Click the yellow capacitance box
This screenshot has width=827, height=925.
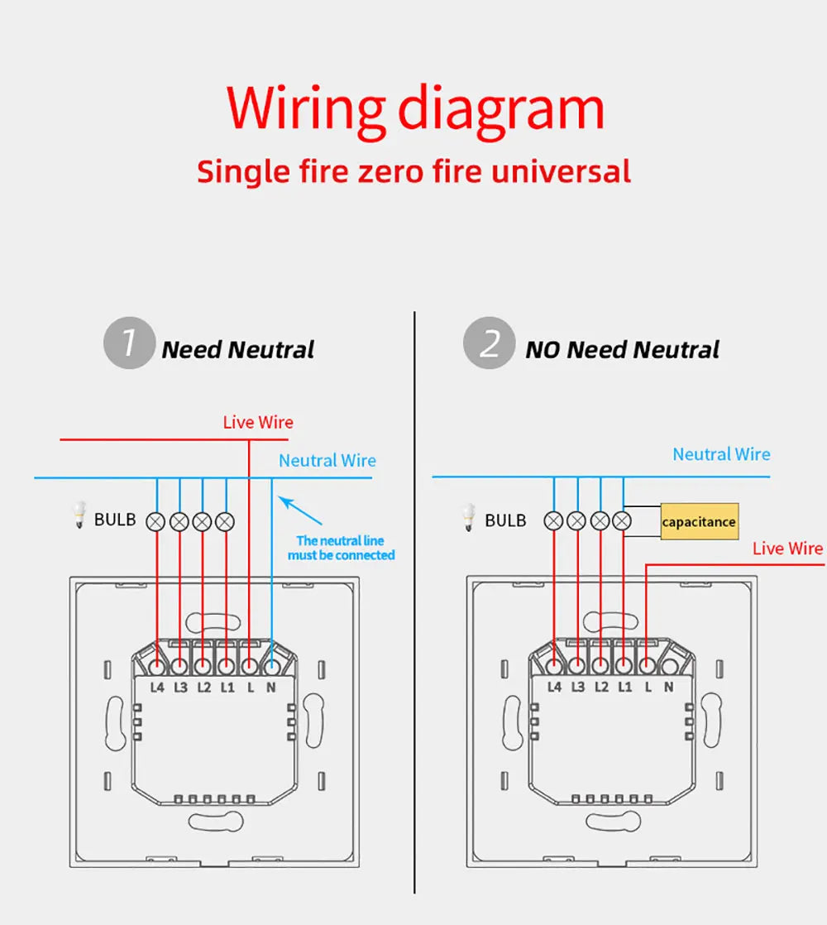699,522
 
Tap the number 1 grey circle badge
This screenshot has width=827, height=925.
129,343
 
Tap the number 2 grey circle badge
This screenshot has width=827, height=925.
489,343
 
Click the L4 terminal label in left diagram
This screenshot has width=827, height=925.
157,687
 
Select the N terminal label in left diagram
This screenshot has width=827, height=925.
270,687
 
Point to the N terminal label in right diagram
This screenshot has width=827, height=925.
668,687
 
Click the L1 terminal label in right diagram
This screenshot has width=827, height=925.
624,687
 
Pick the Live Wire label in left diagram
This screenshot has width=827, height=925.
258,423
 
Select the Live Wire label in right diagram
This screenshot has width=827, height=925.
787,549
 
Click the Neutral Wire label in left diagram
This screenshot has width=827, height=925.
327,461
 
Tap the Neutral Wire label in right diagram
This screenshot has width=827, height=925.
720,454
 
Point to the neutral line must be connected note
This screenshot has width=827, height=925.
341,548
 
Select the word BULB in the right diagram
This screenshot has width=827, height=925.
504,520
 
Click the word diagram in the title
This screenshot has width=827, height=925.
501,108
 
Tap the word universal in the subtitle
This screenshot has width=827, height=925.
561,172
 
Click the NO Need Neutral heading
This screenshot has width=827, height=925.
622,350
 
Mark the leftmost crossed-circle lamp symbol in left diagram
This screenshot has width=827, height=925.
155,521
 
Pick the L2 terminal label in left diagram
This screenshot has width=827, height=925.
204,687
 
